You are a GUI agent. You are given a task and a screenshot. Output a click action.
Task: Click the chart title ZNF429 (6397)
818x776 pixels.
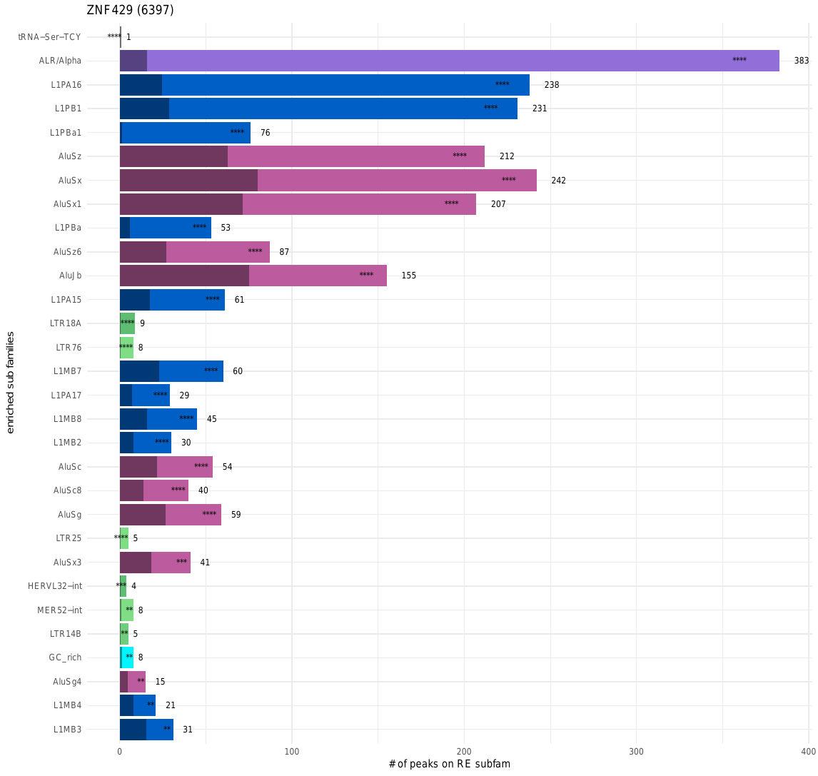click(130, 10)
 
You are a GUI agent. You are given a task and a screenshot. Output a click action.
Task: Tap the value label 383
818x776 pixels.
click(801, 61)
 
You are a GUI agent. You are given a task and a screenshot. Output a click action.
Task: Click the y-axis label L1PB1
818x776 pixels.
click(68, 109)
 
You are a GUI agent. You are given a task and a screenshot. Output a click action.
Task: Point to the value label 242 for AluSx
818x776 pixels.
click(558, 181)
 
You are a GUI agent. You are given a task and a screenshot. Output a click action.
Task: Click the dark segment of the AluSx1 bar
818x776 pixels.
click(181, 204)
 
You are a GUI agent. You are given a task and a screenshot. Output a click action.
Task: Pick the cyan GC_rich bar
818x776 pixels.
click(127, 657)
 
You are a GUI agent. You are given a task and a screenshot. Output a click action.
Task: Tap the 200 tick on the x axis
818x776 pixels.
click(464, 752)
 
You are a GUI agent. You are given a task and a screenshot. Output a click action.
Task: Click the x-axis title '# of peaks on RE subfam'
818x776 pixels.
click(449, 765)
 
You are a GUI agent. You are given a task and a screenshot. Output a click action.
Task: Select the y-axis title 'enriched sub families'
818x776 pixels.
click(10, 382)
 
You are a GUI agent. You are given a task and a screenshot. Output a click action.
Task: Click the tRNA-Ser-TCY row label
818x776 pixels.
click(49, 37)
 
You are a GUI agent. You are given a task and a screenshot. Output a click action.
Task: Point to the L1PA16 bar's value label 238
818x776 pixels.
click(551, 85)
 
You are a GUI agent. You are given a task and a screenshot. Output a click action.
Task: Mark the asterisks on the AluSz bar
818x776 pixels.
click(459, 156)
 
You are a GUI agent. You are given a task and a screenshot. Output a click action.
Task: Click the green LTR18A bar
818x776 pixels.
click(127, 323)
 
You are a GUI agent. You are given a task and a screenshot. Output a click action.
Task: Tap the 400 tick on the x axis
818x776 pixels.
click(808, 752)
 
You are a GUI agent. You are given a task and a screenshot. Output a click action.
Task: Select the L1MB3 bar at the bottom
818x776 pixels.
click(146, 730)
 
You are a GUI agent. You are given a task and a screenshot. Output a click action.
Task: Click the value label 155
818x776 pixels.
click(408, 276)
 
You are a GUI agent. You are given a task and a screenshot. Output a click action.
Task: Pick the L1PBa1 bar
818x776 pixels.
click(186, 133)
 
